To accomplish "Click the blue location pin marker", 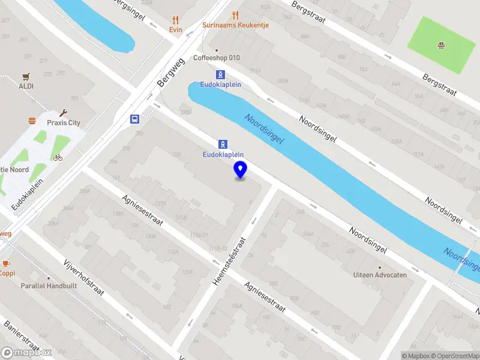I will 241,170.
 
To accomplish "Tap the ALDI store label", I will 26,86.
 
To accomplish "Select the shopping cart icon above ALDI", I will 26,76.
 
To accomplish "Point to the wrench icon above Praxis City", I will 64,112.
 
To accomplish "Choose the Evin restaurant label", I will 175,29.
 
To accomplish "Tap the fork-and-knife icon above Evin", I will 175,19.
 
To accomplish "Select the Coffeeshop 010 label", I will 217,58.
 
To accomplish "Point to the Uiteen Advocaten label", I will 380,275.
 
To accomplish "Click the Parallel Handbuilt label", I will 49,286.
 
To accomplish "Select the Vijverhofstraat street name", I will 83,278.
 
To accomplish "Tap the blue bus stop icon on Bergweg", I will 135,119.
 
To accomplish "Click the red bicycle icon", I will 58,158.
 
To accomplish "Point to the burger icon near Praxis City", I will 32,121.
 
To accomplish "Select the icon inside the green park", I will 441,44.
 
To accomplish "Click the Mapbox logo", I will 26,353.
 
